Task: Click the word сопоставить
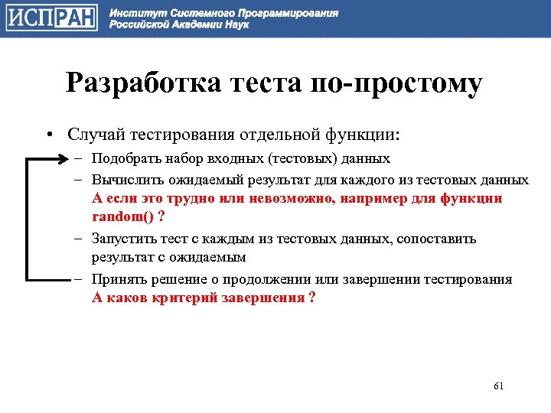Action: (x=436, y=239)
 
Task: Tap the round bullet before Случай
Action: (x=47, y=135)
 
